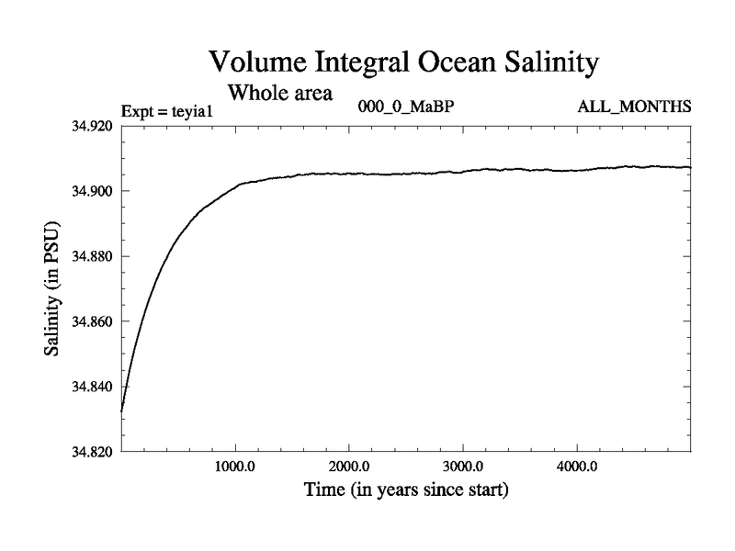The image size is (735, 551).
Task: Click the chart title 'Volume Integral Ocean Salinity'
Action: coord(404,62)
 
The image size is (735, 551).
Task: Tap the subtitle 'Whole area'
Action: coord(280,93)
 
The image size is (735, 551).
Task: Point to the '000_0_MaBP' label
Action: coord(405,107)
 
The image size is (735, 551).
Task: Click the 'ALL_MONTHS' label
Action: coord(634,107)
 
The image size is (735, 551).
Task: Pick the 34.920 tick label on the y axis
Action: coord(92,126)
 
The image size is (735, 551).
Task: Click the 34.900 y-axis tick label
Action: coord(92,191)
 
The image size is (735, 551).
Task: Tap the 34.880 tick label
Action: coord(92,256)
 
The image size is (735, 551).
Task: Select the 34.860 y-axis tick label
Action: coord(92,321)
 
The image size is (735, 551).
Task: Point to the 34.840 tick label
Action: coord(92,387)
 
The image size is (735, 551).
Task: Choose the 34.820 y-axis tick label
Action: coord(92,452)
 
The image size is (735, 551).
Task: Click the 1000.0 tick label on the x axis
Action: coord(235,467)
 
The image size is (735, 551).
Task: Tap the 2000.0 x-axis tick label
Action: coord(349,467)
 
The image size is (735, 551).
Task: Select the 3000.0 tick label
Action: coord(463,467)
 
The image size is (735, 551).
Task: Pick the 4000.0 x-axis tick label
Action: coord(577,467)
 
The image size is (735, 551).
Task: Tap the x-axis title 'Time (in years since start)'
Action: coord(405,490)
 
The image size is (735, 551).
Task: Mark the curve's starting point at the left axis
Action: coord(122,410)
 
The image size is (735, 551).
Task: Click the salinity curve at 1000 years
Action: coord(235,185)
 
